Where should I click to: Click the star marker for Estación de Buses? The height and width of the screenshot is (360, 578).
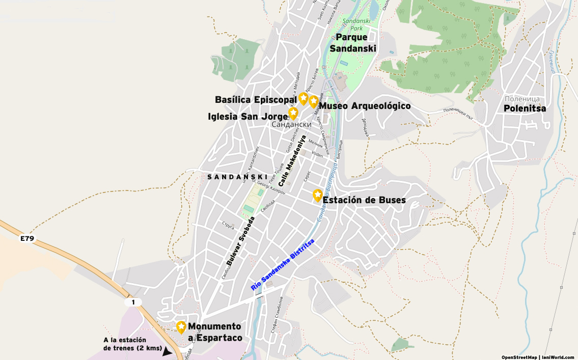click(x=317, y=195)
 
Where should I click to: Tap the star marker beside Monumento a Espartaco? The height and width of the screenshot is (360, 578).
click(x=181, y=327)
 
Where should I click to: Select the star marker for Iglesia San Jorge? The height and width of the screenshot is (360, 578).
click(x=293, y=113)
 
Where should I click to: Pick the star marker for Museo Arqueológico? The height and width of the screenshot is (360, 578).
click(x=313, y=101)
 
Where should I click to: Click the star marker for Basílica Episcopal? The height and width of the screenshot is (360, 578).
click(x=304, y=98)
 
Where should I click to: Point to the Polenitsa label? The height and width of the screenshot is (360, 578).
click(x=525, y=108)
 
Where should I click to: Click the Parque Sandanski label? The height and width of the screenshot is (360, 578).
click(x=352, y=43)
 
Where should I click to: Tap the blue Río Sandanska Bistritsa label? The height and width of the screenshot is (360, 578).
click(x=283, y=265)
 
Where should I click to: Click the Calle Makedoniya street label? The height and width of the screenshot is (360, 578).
click(x=292, y=160)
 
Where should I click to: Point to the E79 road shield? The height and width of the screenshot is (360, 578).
click(x=27, y=238)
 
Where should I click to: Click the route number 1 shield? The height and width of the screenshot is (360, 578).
click(x=133, y=302)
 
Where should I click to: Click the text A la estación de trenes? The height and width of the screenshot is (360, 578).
click(x=125, y=344)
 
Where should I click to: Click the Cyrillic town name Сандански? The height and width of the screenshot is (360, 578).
click(x=291, y=124)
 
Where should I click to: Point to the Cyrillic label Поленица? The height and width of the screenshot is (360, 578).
click(x=521, y=99)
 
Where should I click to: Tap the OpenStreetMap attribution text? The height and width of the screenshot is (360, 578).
click(x=519, y=357)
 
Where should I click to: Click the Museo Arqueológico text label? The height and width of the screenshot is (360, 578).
click(x=365, y=106)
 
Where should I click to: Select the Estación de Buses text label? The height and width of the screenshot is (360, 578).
click(x=364, y=200)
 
